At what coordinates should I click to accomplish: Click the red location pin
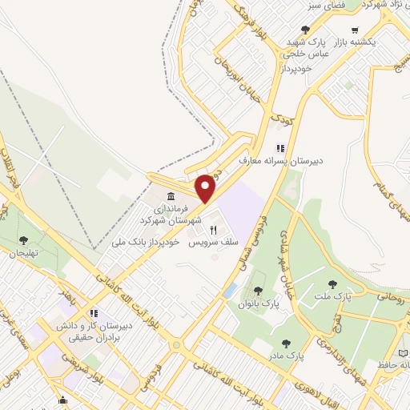206,188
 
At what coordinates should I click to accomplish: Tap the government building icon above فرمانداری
170,198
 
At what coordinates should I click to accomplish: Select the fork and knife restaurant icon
213,229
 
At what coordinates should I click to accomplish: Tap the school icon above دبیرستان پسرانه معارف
279,147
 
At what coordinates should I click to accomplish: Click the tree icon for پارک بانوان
257,291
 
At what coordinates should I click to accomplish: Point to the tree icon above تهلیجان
24,239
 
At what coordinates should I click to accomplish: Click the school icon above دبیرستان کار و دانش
94,314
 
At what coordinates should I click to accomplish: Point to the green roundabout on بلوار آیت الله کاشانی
175,345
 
